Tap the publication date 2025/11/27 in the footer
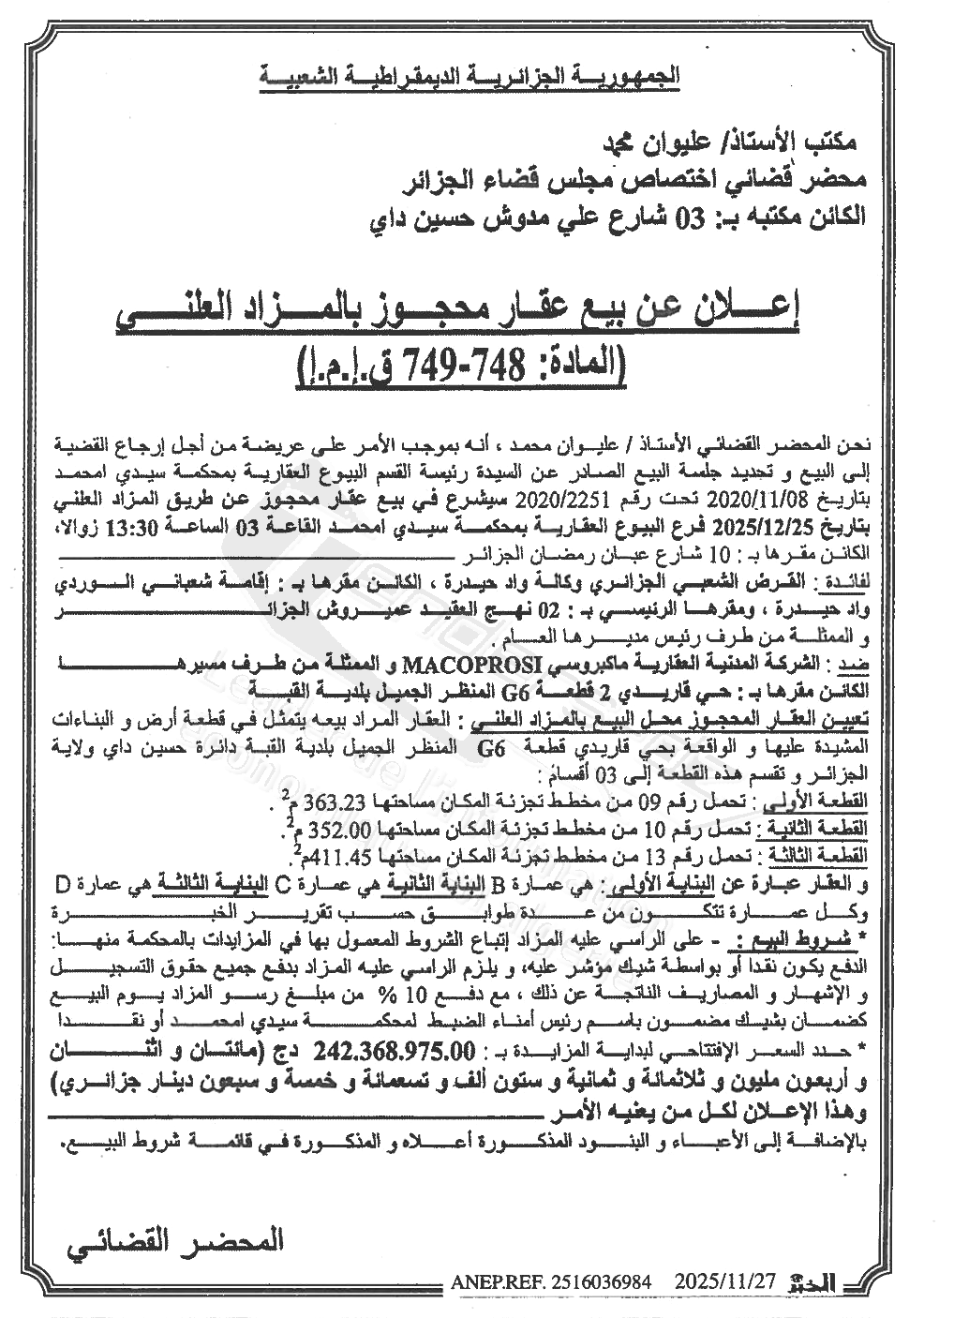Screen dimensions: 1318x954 pos(723,1281)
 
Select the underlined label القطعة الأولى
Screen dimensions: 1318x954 pos(838,803)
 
